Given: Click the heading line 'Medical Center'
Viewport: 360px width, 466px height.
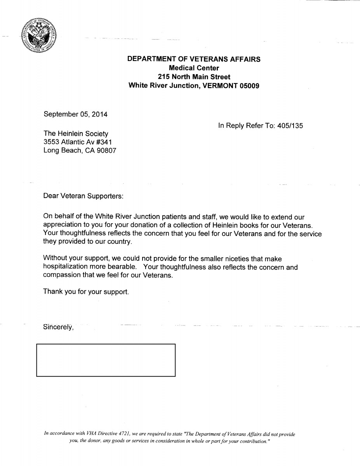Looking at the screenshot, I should (194, 68).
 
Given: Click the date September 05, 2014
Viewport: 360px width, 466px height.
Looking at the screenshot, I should (75, 114).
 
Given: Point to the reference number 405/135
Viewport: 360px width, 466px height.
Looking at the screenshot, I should (290, 125).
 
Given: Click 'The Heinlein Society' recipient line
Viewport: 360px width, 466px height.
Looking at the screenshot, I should (76, 134).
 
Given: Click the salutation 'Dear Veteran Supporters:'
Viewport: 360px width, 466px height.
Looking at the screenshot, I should (83, 196).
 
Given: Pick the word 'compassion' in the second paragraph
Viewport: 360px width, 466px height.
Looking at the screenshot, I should (61, 275).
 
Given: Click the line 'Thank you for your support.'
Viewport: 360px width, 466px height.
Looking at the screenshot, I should (86, 292).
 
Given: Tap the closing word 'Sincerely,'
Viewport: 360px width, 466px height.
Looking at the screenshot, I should (58, 327).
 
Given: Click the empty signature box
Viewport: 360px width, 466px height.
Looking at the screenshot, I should (106, 360).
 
